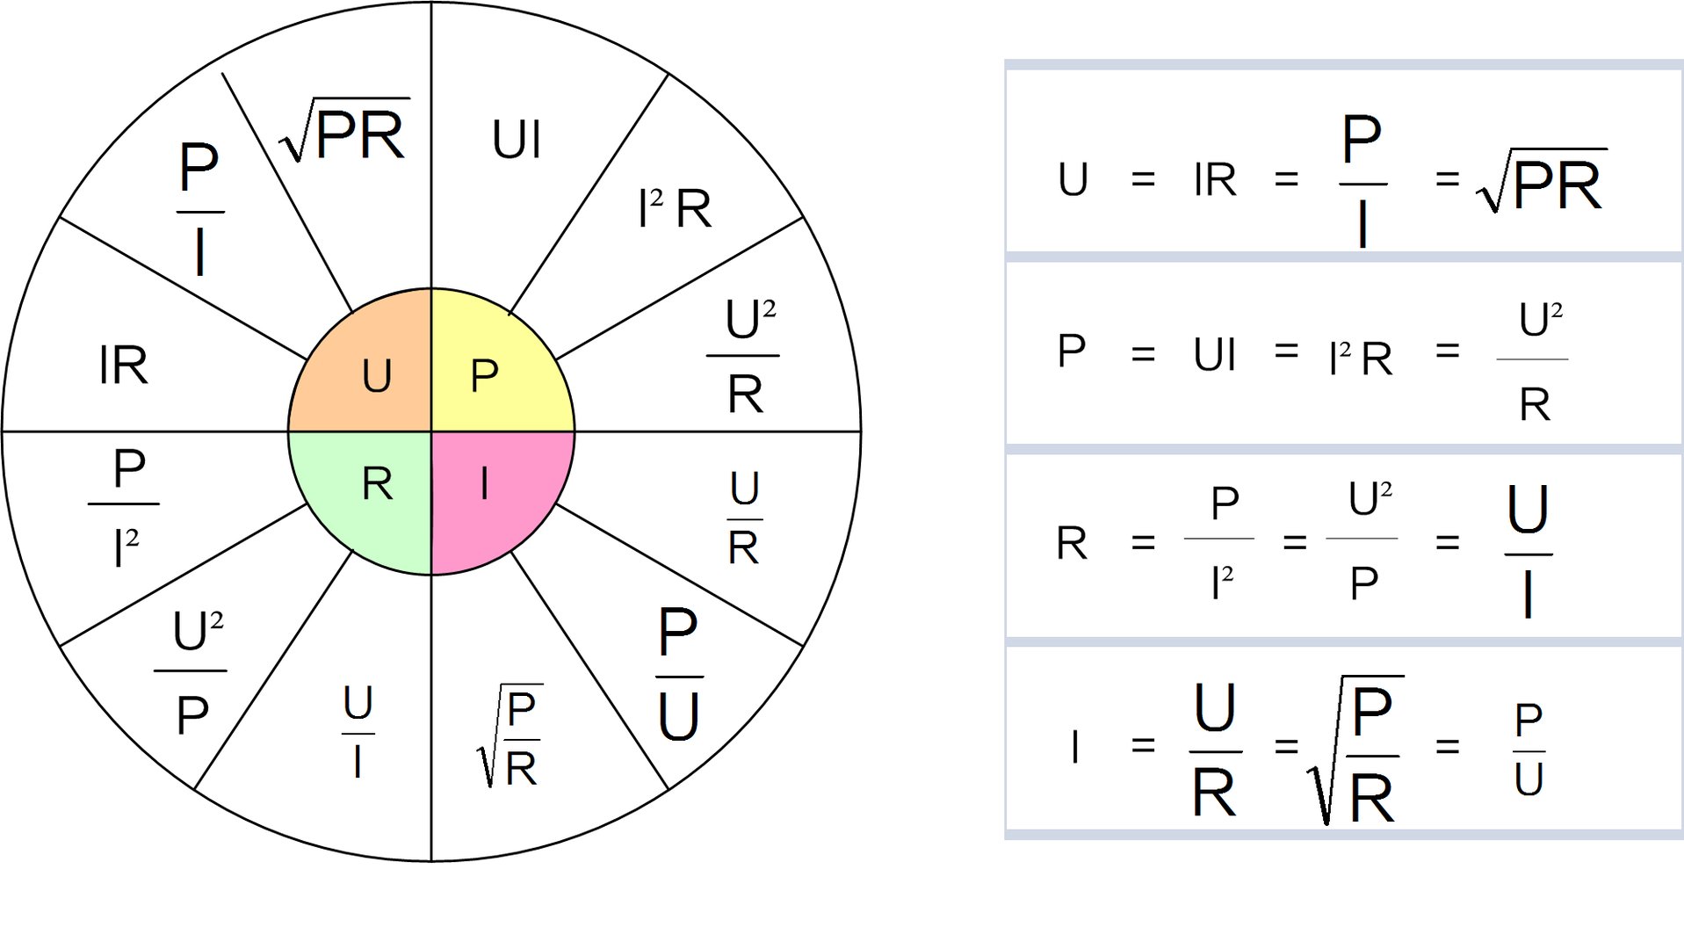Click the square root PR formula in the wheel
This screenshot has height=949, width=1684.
345,132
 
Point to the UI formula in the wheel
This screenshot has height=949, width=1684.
517,141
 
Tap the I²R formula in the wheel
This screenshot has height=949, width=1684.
674,209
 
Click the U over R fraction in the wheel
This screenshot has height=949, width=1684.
744,518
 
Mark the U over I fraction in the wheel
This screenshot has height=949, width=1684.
358,732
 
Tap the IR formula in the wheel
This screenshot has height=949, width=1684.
124,366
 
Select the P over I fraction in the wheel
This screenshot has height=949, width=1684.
199,211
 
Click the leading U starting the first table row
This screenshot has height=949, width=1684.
1073,180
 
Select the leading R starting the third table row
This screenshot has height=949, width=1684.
1072,543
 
